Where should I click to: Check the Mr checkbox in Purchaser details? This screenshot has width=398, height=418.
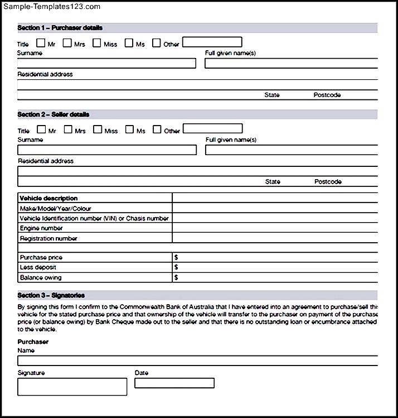tap(41, 43)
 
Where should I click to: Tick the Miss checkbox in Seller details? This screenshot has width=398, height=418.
tap(98, 129)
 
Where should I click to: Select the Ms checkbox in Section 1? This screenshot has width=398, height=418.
tap(129, 43)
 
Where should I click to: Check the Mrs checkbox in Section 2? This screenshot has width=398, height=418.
tap(68, 129)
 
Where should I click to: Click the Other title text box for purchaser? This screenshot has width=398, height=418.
tap(212, 42)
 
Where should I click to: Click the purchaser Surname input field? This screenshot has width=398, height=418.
tap(106, 63)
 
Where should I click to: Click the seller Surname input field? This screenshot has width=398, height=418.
tap(107, 150)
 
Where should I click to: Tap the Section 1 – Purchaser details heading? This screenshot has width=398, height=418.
tap(60, 28)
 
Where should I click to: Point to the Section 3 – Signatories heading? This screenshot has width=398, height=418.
tap(51, 295)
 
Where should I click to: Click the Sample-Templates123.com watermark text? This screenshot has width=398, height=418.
tap(51, 7)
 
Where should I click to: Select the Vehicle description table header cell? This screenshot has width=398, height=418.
tap(48, 198)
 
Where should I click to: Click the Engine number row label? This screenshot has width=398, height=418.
tap(41, 228)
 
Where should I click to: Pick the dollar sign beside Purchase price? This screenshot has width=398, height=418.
tap(176, 257)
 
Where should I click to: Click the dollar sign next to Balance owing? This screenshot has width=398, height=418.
tap(176, 277)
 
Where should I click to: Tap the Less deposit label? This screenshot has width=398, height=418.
tap(38, 267)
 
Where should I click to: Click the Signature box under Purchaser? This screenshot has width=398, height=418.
tap(72, 386)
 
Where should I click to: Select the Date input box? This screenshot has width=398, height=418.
tap(174, 383)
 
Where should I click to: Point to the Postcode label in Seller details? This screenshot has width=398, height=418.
tap(328, 181)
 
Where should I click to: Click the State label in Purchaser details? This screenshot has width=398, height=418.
tap(272, 95)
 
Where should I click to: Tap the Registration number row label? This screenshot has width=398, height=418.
tap(48, 238)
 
